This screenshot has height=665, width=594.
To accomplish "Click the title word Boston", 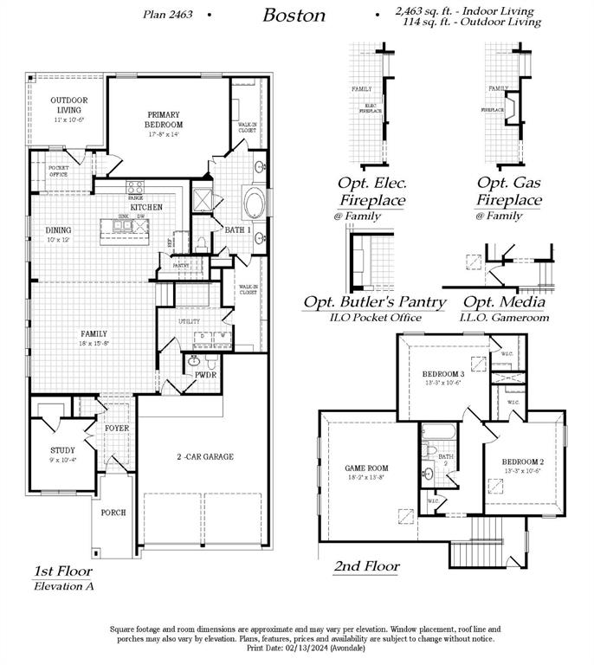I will pyautogui.click(x=294, y=15).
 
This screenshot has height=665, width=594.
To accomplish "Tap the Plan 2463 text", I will pyautogui.click(x=168, y=15).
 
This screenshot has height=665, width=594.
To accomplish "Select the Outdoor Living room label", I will pyautogui.click(x=69, y=105).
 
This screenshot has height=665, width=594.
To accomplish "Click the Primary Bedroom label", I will pyautogui.click(x=164, y=119).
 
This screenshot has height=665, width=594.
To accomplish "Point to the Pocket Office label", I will pyautogui.click(x=59, y=171).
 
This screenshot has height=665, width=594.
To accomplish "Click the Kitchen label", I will pyautogui.click(x=146, y=208).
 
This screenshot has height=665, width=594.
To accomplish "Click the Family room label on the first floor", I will pyautogui.click(x=94, y=333).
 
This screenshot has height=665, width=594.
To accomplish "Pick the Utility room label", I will pyautogui.click(x=190, y=320).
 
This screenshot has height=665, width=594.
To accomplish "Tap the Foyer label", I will pyautogui.click(x=117, y=429).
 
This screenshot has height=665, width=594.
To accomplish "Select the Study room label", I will pyautogui.click(x=61, y=450).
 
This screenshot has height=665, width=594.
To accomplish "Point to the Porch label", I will pyautogui.click(x=113, y=513).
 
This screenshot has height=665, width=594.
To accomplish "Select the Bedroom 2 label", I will pyautogui.click(x=523, y=462).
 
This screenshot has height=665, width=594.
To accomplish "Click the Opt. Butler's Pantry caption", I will pyautogui.click(x=374, y=302).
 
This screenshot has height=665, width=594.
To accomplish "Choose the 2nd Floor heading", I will pyautogui.click(x=366, y=566).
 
